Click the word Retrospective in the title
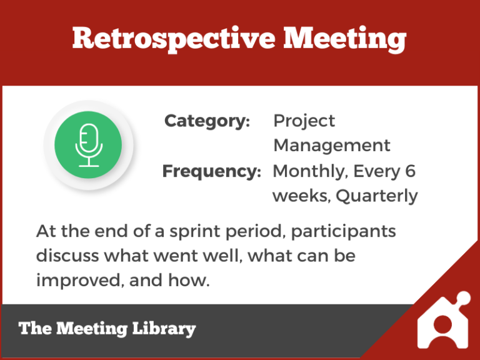click(172, 39)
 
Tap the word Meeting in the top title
click(345, 39)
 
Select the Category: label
click(207, 121)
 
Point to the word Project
click(304, 121)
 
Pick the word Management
click(332, 146)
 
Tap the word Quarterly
click(377, 196)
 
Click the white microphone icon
click(88, 145)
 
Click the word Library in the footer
click(164, 329)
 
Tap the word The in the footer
click(35, 329)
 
